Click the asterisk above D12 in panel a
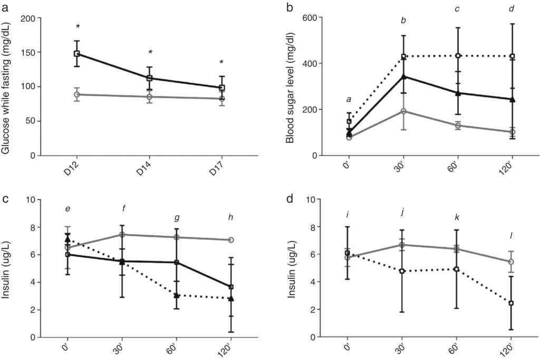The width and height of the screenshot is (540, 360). tap(78, 27)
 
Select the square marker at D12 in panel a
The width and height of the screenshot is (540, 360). tap(77, 53)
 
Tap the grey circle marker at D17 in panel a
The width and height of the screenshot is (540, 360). tap(222, 99)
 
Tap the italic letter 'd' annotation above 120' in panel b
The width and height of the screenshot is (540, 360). tap(511, 9)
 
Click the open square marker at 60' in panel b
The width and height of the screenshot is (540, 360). tap(458, 56)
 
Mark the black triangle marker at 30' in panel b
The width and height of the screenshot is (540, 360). tap(404, 76)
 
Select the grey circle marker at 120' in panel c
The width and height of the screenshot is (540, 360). tap(231, 240)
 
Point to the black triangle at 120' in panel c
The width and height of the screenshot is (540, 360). tap(231, 298)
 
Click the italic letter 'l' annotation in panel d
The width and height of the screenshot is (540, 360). tap(512, 235)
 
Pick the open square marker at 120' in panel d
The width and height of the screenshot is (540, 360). tap(512, 303)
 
